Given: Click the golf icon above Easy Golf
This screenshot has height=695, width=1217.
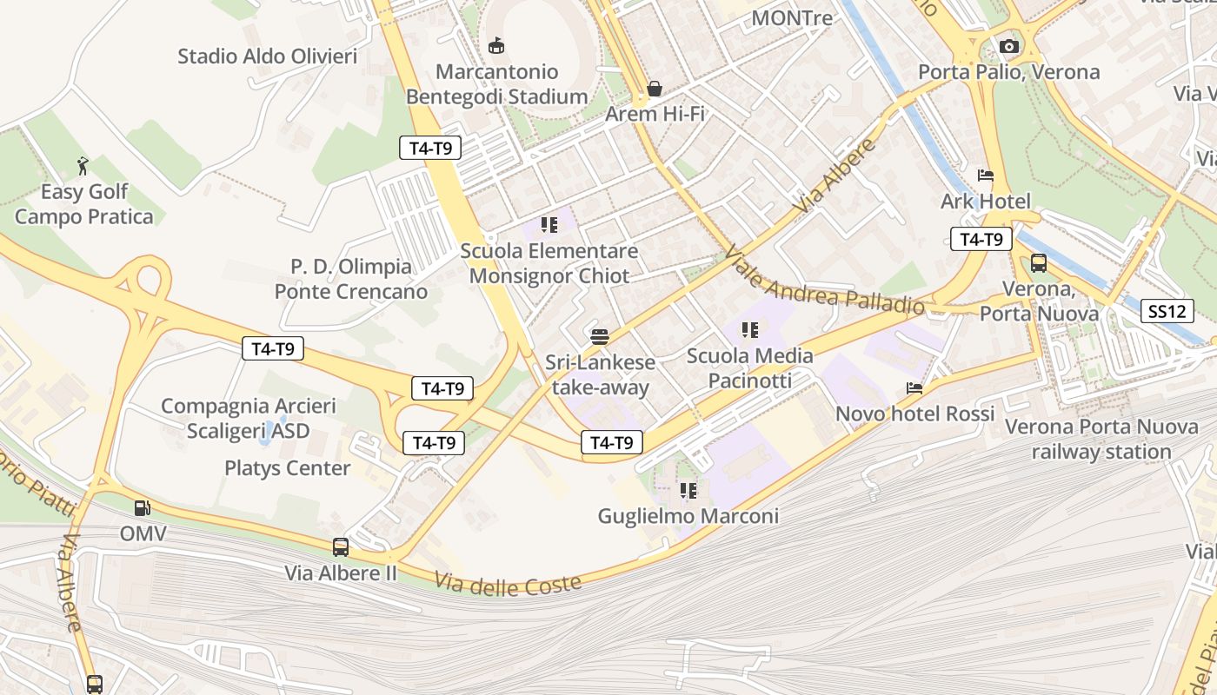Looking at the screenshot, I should (x=83, y=165).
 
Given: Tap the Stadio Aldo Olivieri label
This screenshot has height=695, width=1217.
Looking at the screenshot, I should (x=267, y=56).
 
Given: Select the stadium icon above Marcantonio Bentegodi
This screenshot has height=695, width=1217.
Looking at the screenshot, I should (x=496, y=44).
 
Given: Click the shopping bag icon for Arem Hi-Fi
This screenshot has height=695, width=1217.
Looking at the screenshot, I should (x=655, y=89).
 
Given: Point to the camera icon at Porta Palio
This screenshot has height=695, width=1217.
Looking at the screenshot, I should (x=1008, y=46).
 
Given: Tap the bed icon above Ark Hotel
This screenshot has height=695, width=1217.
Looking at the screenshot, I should (x=985, y=175).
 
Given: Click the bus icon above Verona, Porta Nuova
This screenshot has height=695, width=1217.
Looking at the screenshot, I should (x=1038, y=262).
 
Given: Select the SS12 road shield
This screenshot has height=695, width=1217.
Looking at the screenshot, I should (x=1167, y=311).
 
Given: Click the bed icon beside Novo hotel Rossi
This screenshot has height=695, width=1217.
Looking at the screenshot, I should (x=914, y=388).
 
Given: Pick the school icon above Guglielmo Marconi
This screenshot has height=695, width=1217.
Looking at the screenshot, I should (x=688, y=491).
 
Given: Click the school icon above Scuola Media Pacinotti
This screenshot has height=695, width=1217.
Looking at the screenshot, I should (x=749, y=330).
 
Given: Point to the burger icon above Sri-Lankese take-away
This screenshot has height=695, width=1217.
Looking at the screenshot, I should (x=599, y=336).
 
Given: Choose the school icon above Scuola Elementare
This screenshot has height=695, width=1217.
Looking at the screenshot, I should (x=549, y=225).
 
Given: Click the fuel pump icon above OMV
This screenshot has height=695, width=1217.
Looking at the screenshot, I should (x=142, y=507).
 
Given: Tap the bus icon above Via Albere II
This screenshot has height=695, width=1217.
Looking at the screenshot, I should (x=341, y=547).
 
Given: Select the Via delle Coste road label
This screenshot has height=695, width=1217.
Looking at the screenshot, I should (x=508, y=585).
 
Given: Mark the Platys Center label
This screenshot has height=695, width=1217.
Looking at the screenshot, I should (x=287, y=468).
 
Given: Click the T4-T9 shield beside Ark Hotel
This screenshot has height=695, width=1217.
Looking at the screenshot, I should (x=981, y=240).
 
